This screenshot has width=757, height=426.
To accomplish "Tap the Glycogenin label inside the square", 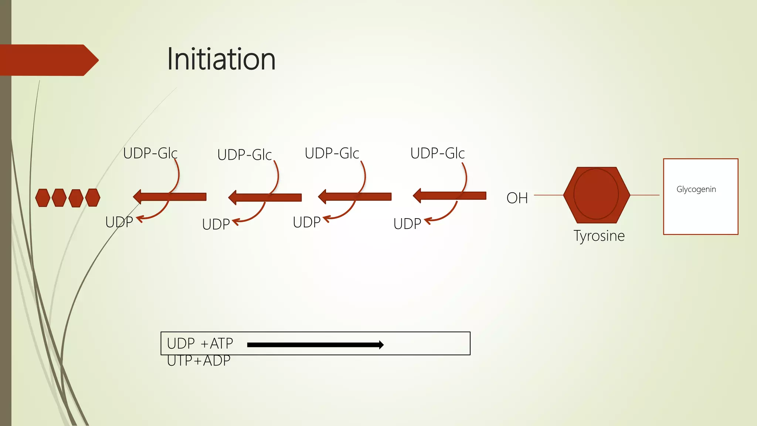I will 696,189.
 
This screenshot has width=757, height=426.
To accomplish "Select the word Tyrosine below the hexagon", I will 599,236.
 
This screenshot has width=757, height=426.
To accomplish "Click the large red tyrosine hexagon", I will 596,195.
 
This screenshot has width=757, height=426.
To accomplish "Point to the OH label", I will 517,198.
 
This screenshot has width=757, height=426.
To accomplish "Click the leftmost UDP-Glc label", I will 150,153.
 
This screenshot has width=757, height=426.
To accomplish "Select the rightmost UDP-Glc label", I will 437,153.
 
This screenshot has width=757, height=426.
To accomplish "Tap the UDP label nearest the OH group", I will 407,224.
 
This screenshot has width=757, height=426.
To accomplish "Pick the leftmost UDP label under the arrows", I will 119,222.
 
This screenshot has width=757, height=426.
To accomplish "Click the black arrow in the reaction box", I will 315,345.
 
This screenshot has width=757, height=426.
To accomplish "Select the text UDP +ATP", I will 200,344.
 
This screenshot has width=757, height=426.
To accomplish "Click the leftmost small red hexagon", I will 43,198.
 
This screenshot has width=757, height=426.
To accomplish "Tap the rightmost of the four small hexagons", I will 92,197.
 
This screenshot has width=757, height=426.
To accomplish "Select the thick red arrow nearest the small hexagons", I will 170,197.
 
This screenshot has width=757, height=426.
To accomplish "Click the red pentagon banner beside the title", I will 48,60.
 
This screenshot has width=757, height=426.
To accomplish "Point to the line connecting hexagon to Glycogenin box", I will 645,195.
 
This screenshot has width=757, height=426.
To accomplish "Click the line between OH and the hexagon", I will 549,195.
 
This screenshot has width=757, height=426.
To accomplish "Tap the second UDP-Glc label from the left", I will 244,155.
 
